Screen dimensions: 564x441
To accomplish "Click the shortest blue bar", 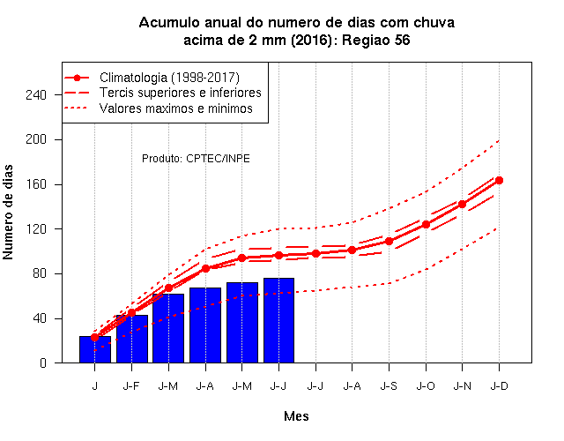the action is [x=95, y=349].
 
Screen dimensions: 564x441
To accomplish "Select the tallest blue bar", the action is [x=278, y=320].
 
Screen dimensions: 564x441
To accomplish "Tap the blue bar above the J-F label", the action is [x=132, y=339].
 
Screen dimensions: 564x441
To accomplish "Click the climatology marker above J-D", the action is [x=499, y=180].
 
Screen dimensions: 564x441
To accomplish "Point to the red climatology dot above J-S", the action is [x=389, y=241].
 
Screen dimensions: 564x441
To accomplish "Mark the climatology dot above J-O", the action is [x=426, y=224].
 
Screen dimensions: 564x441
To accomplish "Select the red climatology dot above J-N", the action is [x=462, y=204].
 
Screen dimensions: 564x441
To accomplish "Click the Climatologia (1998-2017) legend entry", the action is [x=152, y=78].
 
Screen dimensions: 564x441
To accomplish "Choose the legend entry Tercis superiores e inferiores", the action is [x=162, y=93].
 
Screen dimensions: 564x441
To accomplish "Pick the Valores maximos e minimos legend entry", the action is [x=159, y=108].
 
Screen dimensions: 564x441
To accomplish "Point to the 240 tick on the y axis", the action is [x=36, y=94].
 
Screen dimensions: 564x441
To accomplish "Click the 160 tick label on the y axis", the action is [x=36, y=184].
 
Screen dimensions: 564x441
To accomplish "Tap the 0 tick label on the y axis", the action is [x=43, y=363].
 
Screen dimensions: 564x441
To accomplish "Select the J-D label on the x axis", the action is [x=500, y=386].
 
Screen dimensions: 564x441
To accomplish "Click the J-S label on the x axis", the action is [x=389, y=386].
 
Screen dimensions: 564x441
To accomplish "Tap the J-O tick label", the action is [x=426, y=386].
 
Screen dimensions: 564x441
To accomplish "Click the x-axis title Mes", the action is [x=296, y=416].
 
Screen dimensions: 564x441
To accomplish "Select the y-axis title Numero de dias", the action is [x=8, y=212].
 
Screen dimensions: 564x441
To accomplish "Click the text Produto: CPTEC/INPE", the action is [x=196, y=159].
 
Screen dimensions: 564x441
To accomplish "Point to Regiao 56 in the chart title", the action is [x=376, y=40].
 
